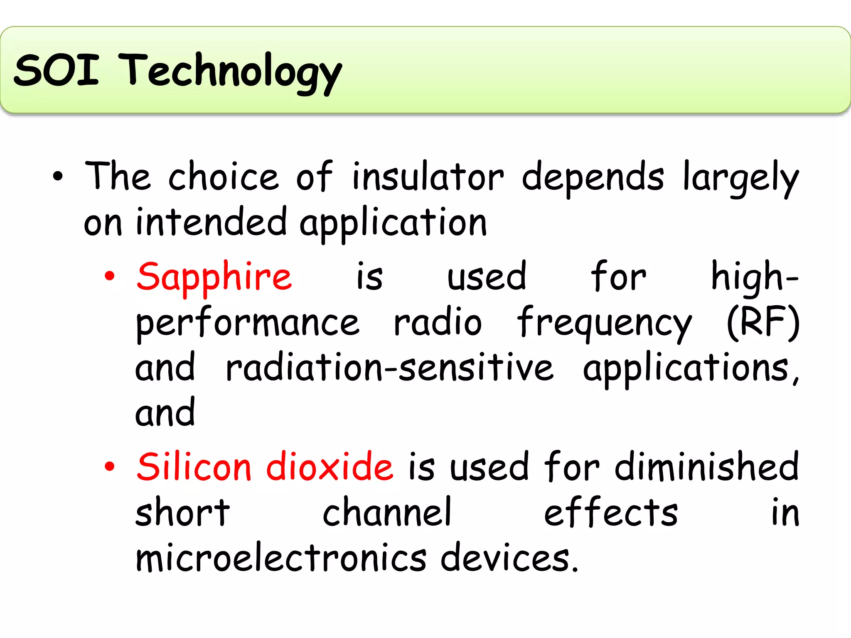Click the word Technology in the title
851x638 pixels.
pos(231,73)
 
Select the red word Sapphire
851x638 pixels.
pos(214,277)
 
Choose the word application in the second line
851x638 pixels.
pos(393,223)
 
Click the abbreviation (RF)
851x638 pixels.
pos(763,322)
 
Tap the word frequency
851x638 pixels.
pos(604,324)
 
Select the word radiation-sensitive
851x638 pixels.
pos(389,368)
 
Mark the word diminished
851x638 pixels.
pos(706,467)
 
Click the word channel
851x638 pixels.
pos(387,513)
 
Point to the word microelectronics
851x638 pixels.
pos(281,557)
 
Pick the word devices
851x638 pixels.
pos(509,557)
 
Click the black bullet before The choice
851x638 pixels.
pos(58,177)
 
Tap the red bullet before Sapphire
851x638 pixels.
pos(109,276)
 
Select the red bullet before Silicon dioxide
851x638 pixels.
pos(109,466)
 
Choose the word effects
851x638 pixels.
pos(611,513)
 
